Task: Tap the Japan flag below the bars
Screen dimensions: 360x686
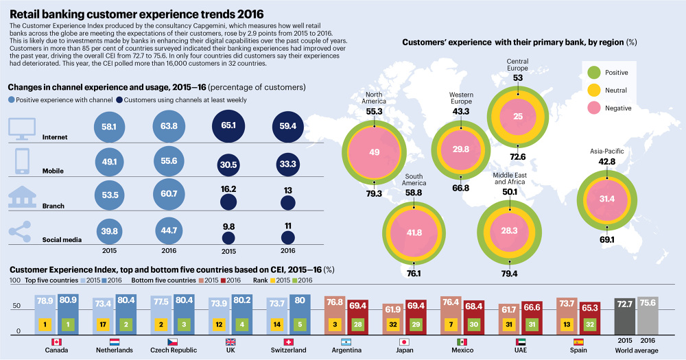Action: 405,341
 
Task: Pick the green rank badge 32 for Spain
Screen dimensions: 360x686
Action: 591,323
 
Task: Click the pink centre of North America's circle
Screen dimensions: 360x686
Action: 375,152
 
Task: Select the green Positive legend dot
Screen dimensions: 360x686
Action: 594,72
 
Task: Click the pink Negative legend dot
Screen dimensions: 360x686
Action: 594,108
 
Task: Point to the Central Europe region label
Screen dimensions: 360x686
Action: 517,65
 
